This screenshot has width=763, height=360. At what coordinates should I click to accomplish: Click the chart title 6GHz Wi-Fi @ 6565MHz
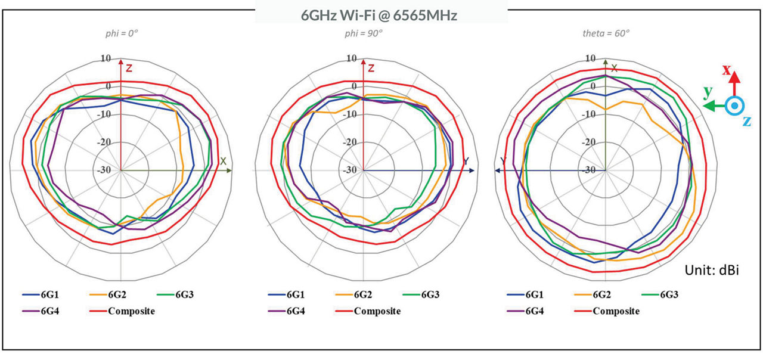379,15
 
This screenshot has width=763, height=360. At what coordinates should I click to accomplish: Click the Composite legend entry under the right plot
616,311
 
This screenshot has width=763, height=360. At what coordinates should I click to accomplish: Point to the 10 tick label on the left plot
106,58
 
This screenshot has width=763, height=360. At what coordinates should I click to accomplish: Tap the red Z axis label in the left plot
128,68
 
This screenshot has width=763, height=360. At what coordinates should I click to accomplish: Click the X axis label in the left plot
224,161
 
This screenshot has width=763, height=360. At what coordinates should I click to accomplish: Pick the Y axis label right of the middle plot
466,161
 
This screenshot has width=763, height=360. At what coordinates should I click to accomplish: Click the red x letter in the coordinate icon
727,70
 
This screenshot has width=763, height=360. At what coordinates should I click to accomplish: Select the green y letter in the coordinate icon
707,92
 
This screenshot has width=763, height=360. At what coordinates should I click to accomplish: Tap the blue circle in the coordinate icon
735,105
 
